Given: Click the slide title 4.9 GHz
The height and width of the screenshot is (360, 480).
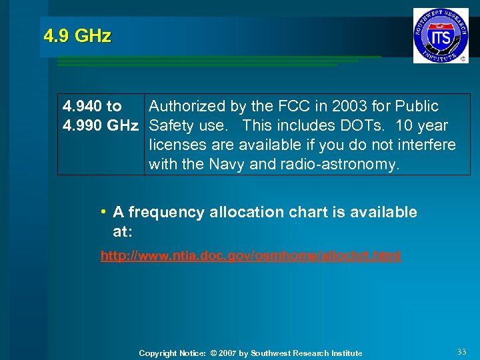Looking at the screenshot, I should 77,36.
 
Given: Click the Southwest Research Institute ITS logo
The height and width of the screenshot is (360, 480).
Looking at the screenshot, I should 441,36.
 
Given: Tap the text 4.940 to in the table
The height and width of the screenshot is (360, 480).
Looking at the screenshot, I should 92,106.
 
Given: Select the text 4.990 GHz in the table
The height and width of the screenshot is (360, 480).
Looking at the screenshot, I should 100,125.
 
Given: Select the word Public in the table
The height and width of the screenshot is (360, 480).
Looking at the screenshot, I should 417,106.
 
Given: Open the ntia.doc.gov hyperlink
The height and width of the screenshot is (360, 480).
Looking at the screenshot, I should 251,255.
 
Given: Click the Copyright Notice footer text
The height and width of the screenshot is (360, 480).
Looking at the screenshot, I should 251,353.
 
